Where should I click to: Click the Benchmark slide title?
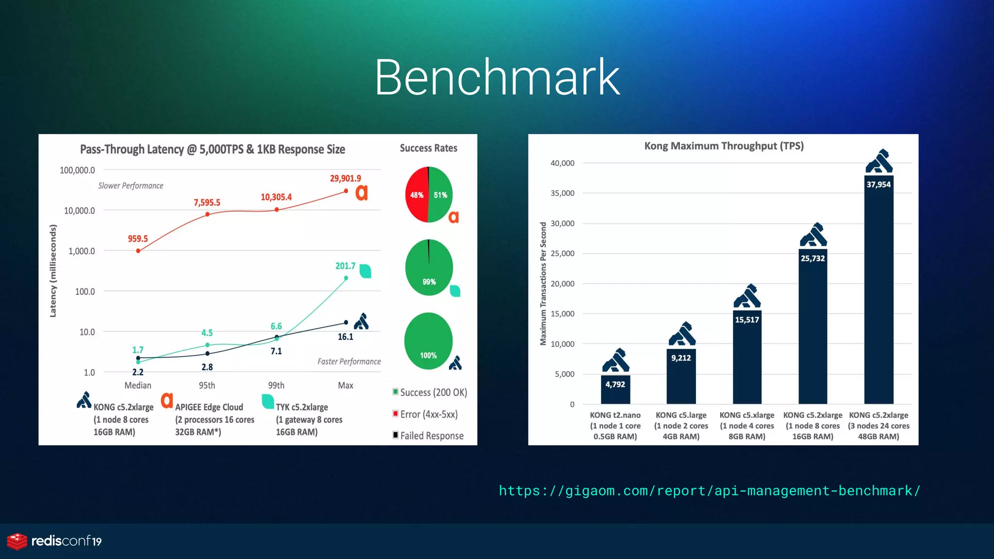[497, 77]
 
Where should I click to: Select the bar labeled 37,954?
[878, 291]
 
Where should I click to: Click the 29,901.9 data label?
[346, 179]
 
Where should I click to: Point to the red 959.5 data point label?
[138, 239]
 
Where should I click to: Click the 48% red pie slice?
[416, 195]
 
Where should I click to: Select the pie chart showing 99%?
[429, 267]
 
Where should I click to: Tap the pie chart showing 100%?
[428, 341]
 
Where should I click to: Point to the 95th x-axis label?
[207, 385]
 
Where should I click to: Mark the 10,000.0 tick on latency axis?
[80, 211]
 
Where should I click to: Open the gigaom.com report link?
[709, 491]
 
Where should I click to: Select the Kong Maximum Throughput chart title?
[724, 146]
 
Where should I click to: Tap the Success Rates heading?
[429, 148]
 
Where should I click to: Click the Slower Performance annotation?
[131, 186]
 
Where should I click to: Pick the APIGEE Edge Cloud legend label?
[209, 407]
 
